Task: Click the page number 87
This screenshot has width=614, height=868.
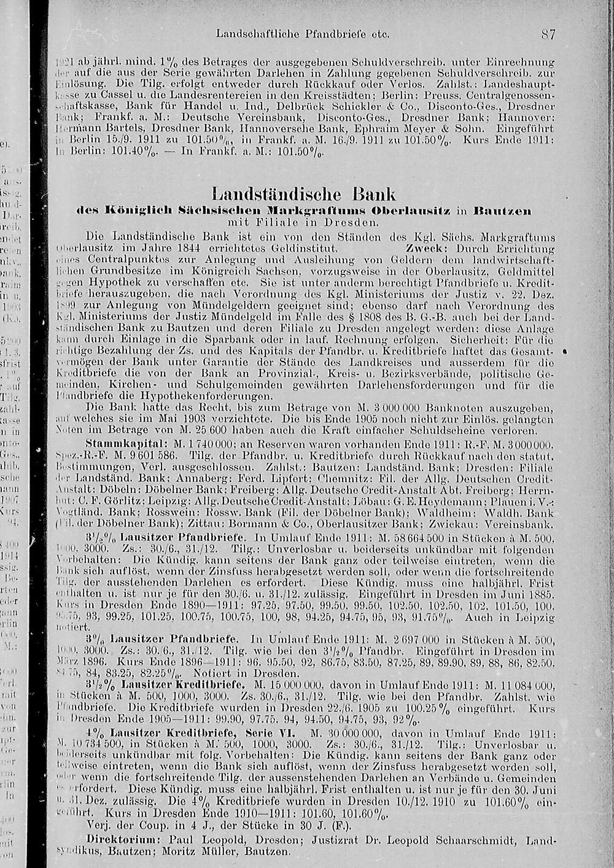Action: click(548, 34)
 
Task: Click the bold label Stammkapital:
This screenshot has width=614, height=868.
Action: click(126, 443)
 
